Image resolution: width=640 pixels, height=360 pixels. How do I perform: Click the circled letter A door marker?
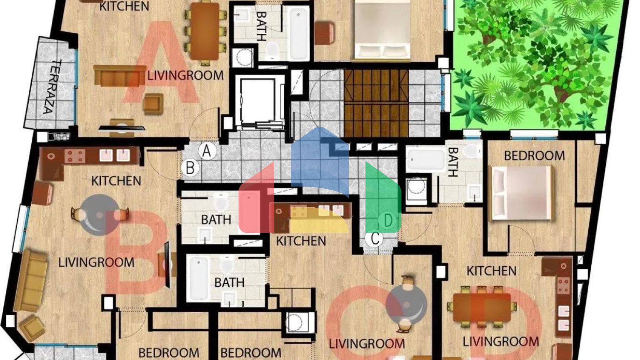click(x=207, y=151)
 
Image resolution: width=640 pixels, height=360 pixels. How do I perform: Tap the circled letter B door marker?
click(x=190, y=168)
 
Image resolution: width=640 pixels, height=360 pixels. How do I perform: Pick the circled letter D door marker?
click(x=388, y=221)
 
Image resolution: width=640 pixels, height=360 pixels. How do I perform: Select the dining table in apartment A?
click(x=205, y=31)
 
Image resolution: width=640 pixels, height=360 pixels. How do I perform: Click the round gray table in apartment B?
click(x=99, y=215)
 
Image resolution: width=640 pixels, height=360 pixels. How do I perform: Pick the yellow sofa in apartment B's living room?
click(x=30, y=281)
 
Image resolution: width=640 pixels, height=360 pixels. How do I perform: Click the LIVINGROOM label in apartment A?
click(x=185, y=75)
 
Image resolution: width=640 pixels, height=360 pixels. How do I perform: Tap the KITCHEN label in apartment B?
click(x=116, y=181)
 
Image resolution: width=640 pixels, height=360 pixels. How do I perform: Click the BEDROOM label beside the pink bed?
click(x=534, y=156)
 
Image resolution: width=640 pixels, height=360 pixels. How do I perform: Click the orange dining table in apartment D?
click(x=482, y=307)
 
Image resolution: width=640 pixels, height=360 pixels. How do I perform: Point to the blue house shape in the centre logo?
click(x=320, y=161)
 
